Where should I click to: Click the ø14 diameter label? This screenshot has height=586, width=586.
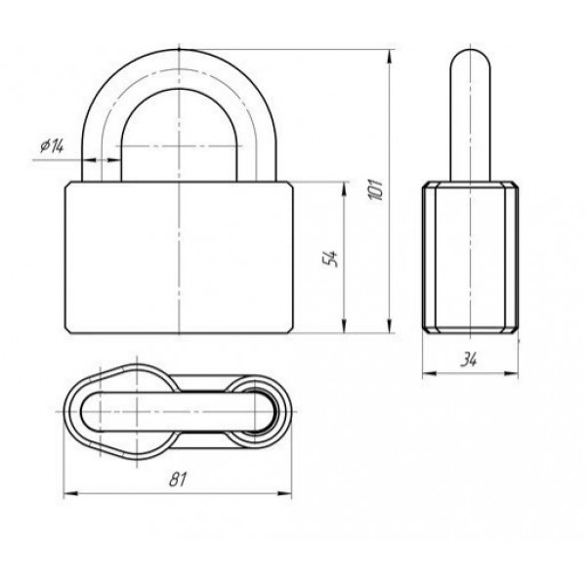point(52,146)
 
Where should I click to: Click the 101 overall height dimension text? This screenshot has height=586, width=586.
point(376,189)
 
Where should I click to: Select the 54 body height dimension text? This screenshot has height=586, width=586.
point(330,258)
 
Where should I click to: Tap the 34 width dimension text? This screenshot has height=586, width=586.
point(469,359)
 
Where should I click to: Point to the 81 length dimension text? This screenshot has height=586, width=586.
point(177,480)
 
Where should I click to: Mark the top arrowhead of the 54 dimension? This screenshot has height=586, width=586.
point(344,189)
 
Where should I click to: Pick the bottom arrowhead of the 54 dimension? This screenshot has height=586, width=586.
point(344,325)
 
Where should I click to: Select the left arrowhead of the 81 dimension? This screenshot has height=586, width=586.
point(71,493)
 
